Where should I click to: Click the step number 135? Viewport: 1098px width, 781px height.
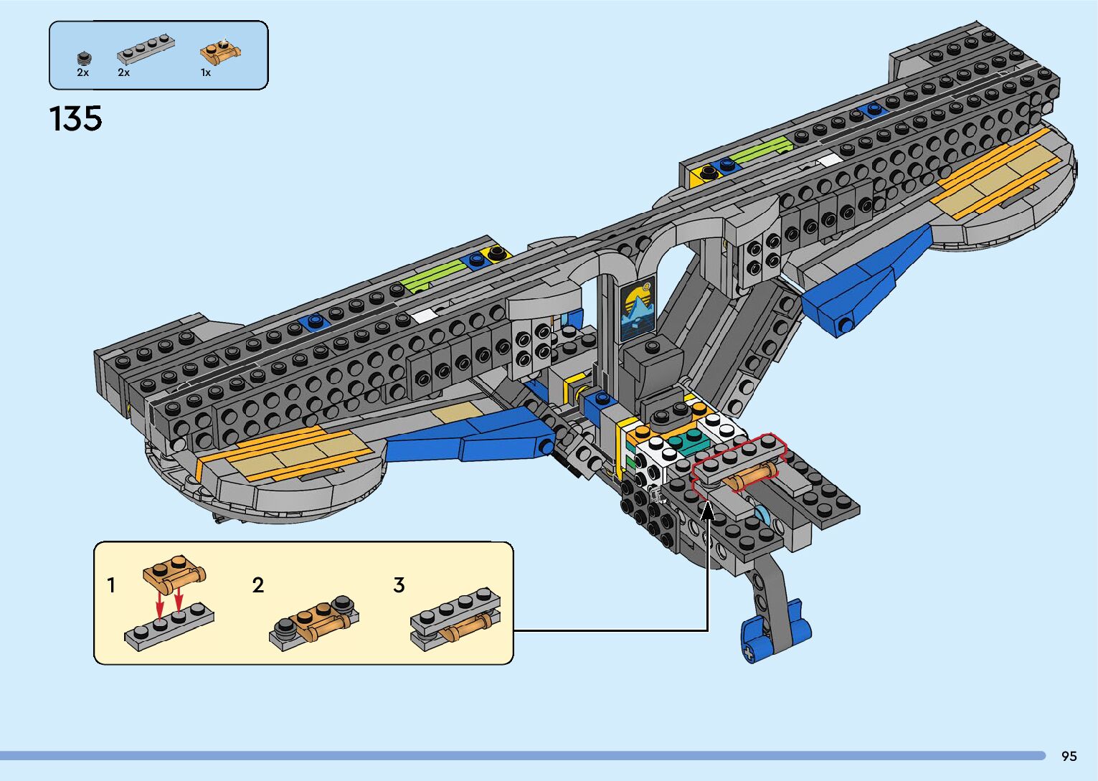75,118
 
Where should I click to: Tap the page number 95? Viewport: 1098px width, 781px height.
1069,756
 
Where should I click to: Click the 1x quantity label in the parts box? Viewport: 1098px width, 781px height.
206,72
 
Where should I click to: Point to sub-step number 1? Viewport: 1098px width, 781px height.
111,585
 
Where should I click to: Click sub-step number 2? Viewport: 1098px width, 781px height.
258,585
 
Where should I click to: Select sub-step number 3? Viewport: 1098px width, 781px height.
399,585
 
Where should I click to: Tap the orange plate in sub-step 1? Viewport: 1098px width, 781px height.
174,572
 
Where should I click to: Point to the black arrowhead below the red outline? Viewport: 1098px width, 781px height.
707,510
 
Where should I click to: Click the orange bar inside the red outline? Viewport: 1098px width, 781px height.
751,476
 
